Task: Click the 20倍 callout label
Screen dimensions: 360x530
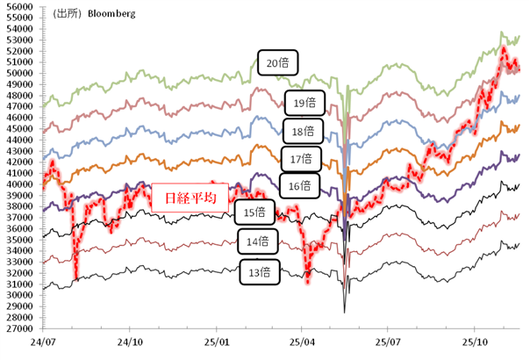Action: (x=279, y=62)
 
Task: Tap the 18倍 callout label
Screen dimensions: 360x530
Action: (x=303, y=131)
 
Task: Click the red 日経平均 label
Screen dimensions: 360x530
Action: (x=190, y=198)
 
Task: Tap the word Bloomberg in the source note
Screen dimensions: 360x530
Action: (x=111, y=15)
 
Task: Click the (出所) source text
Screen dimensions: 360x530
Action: (x=68, y=15)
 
